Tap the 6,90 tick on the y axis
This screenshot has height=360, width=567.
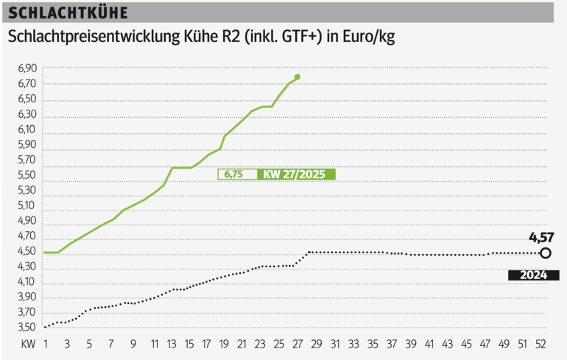[27, 68]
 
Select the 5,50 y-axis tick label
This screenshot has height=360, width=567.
[27, 174]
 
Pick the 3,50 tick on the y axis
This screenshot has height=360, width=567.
[27, 328]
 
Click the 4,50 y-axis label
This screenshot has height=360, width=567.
[27, 251]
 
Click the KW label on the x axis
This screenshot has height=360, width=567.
[28, 344]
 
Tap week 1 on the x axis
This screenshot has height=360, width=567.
[46, 344]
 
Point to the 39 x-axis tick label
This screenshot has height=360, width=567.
[411, 344]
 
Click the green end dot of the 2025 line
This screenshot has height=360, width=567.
[297, 77]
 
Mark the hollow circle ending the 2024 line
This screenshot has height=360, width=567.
[546, 253]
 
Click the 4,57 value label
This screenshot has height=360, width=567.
[541, 237]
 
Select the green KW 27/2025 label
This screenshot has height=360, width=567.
[296, 174]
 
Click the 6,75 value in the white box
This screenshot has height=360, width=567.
[233, 174]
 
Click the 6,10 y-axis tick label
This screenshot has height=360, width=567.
[27, 129]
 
